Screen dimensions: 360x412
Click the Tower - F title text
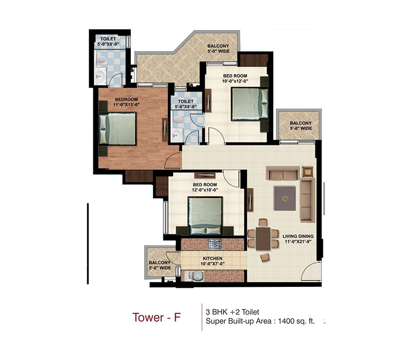[156, 317]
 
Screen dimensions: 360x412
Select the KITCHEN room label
[212, 258]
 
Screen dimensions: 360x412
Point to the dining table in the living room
[263, 239]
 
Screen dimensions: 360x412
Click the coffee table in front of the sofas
[285, 198]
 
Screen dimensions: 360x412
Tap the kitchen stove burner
[215, 243]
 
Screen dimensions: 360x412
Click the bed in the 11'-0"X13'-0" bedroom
[118, 130]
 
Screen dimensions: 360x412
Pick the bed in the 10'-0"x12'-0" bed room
[250, 103]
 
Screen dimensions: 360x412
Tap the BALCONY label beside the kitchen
[160, 263]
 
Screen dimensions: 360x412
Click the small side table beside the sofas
[307, 172]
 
